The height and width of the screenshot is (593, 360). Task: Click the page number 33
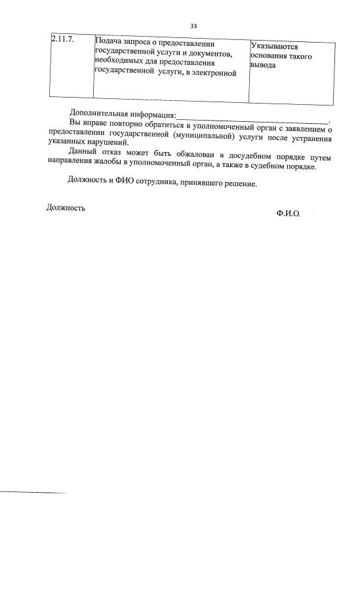(x=193, y=26)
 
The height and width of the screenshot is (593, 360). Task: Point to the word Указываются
(x=275, y=47)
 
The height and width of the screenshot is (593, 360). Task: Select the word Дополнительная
(x=99, y=114)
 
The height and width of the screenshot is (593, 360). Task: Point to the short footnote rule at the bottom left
(x=33, y=492)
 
